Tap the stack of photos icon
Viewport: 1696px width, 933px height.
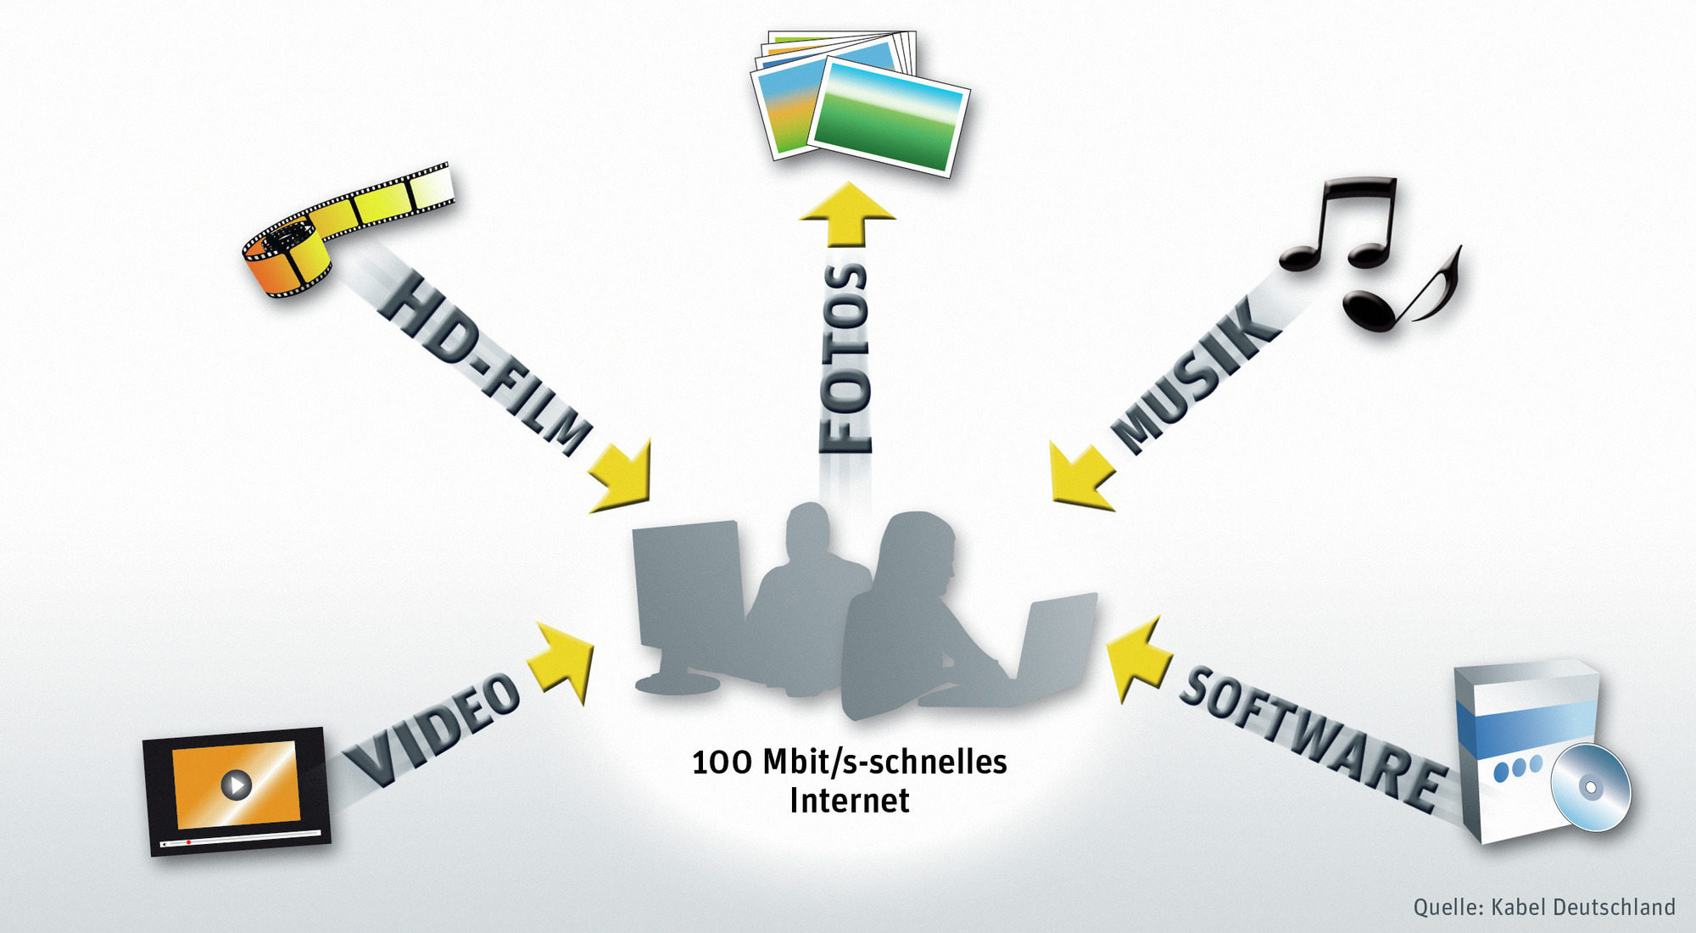(x=861, y=102)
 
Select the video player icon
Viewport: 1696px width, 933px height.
(x=237, y=790)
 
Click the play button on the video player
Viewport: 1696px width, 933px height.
(x=236, y=784)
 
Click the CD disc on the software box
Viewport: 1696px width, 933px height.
(x=1590, y=788)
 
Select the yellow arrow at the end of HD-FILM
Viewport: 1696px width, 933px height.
(x=623, y=478)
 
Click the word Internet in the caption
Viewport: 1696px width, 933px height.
(x=849, y=801)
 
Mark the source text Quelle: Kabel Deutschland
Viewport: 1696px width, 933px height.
(x=1543, y=907)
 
